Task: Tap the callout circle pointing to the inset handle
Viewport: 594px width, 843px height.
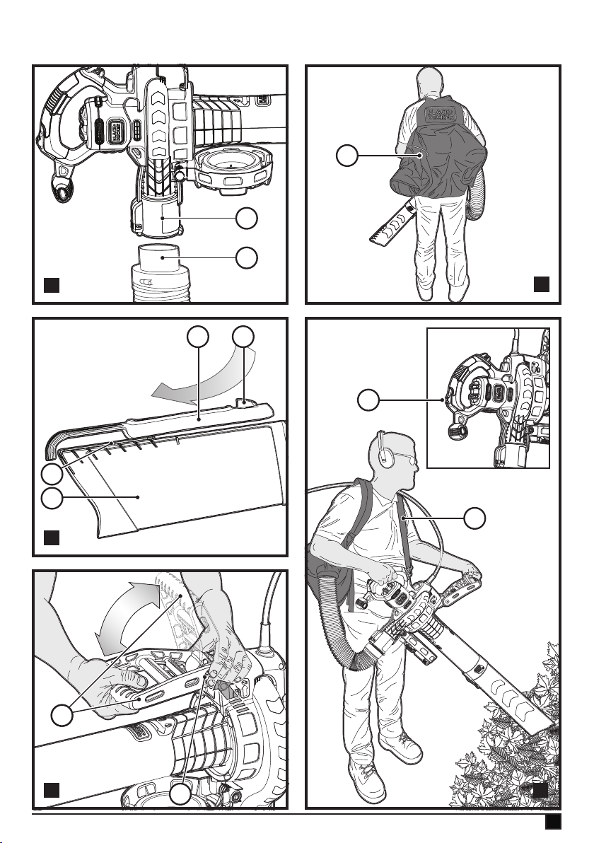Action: point(368,401)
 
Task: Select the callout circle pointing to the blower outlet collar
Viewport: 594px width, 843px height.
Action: point(247,219)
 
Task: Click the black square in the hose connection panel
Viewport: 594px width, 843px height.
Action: point(51,286)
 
